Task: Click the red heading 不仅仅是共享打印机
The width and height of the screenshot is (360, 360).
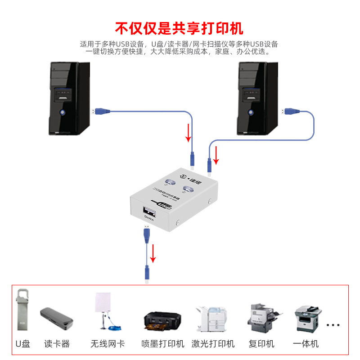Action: (180, 28)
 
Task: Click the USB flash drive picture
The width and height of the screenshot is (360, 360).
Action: (23, 310)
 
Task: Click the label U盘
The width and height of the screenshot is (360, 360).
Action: (23, 344)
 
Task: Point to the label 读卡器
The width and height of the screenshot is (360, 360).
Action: (57, 344)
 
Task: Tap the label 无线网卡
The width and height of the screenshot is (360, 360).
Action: (108, 344)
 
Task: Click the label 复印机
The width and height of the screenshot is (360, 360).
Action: (261, 344)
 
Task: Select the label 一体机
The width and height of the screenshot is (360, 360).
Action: (306, 344)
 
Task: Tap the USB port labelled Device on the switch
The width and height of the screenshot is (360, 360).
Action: (148, 211)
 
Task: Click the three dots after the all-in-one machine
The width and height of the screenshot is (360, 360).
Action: (333, 324)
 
